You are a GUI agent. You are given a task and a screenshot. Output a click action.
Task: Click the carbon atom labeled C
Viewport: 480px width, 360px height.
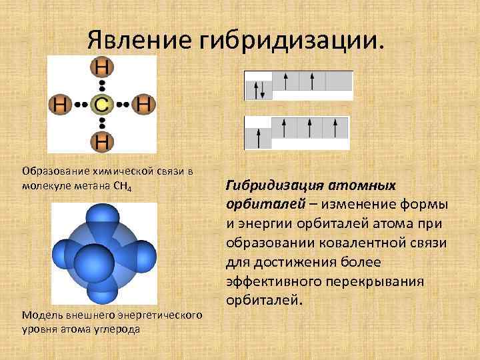(x=101, y=105)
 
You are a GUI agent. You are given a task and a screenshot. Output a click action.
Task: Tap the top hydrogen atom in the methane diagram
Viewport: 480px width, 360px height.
(x=101, y=67)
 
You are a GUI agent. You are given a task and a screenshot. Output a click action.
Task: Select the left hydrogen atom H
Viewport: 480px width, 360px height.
(x=60, y=105)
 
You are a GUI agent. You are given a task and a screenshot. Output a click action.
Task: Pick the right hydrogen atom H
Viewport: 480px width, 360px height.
(x=143, y=105)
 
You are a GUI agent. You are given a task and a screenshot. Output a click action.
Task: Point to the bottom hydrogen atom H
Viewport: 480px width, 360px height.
(x=101, y=141)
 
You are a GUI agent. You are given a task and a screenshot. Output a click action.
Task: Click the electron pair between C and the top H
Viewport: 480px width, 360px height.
(x=101, y=86)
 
